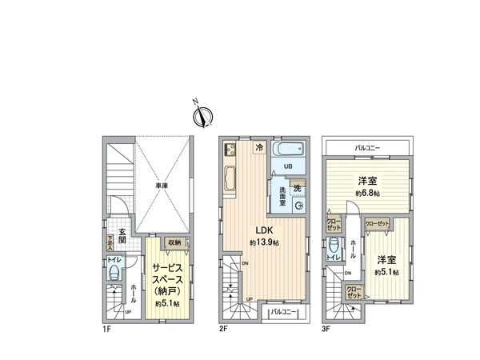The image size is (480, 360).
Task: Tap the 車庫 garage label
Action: coord(162,186)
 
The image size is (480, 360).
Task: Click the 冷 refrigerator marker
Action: coord(259,148)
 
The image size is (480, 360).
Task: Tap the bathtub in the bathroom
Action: coord(287,150)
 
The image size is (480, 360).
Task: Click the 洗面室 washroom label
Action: coord(282,194)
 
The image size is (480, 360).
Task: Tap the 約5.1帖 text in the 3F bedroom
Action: coord(388,270)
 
